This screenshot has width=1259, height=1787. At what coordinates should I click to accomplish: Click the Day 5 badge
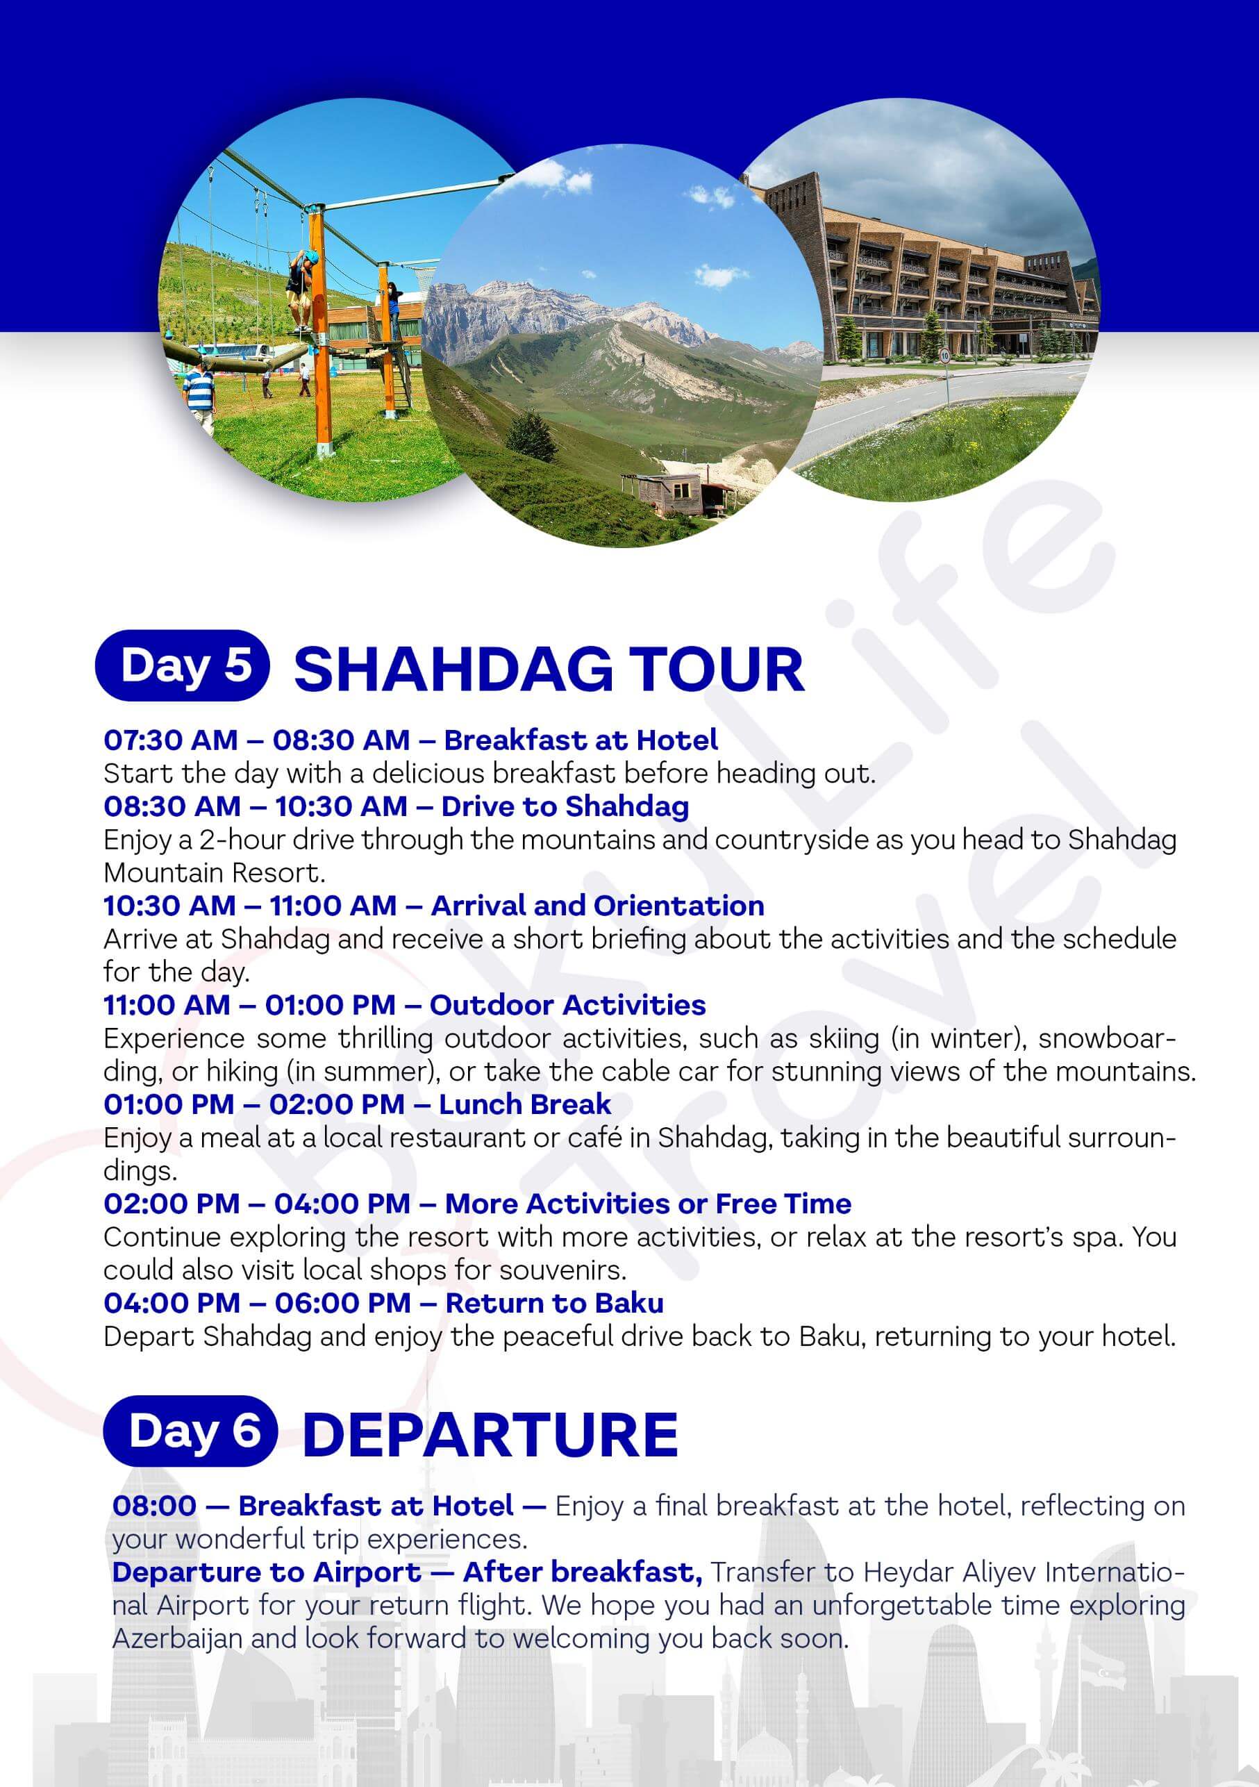(182, 665)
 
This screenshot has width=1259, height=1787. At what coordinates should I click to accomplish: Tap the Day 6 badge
(191, 1431)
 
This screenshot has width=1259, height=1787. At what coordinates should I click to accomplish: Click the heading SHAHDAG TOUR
(549, 670)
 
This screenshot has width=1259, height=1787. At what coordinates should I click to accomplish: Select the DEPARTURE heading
(490, 1433)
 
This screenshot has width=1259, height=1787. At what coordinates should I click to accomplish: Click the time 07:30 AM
(170, 740)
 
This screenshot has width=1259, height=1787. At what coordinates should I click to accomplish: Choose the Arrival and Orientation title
(598, 905)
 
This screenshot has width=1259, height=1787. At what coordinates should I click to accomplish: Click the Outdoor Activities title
(567, 1005)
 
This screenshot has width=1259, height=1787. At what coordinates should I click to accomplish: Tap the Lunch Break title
(524, 1104)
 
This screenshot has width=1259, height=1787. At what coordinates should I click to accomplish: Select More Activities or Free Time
(648, 1204)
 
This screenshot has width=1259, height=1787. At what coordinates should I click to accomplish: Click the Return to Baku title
(555, 1303)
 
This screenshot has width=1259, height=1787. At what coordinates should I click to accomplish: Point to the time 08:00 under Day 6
(154, 1506)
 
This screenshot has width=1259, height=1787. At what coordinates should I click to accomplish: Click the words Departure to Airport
(266, 1572)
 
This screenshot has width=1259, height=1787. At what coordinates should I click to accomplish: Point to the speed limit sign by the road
(944, 356)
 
